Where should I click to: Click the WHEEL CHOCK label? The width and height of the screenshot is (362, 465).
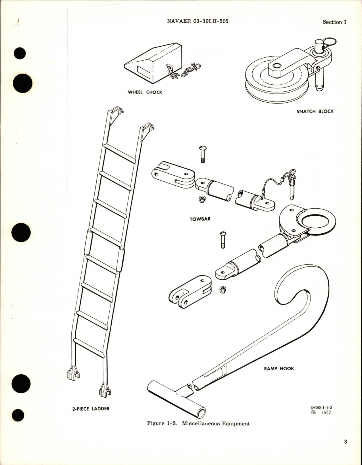145,92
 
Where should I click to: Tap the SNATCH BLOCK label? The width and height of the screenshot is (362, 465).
315,111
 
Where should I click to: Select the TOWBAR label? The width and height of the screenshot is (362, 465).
200,219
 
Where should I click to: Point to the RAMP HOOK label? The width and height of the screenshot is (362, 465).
279,369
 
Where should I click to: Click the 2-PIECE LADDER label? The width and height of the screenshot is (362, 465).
91,409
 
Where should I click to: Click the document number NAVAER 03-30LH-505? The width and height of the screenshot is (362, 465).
198,21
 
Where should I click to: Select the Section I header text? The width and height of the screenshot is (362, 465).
334,22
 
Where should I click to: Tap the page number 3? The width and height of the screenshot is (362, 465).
345,442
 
